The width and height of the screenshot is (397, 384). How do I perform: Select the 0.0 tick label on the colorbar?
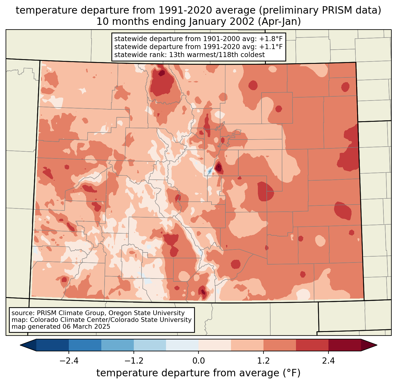point(198,361)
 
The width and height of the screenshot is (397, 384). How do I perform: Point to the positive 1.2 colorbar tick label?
point(263,361)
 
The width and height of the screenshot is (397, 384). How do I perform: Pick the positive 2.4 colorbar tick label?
point(328,361)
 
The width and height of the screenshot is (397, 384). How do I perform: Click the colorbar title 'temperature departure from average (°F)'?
point(198,373)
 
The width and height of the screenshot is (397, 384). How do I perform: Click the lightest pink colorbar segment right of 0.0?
point(215,345)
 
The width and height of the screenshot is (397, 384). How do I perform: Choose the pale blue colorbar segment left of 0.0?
point(182,345)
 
